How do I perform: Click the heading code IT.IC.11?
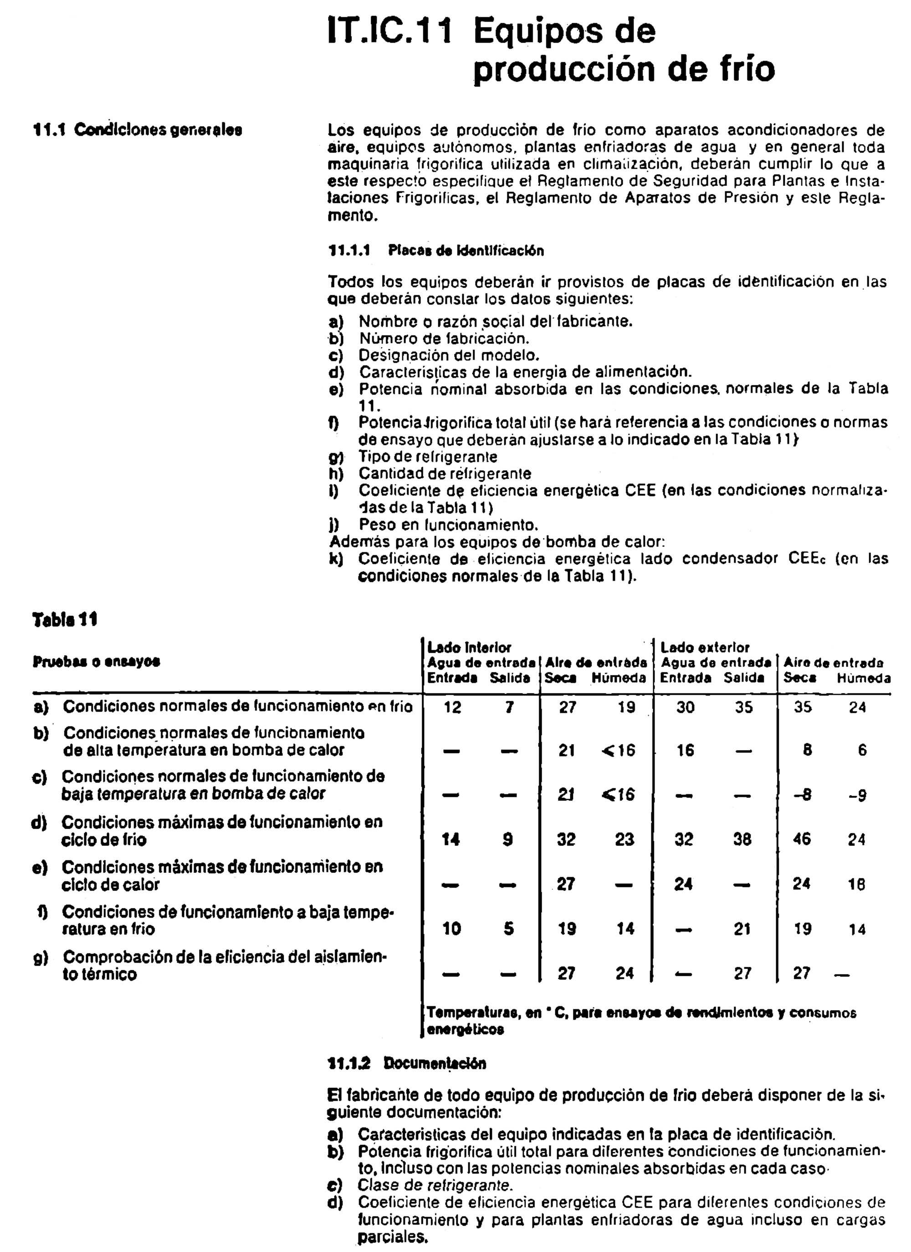[389, 31]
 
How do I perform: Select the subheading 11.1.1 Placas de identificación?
[436, 251]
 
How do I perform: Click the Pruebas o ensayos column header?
[96, 661]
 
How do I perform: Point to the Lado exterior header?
[705, 647]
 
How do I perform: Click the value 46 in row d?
[801, 839]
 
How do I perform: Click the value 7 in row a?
[509, 707]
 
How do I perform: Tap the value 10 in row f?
[451, 928]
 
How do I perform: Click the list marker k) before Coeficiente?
[336, 559]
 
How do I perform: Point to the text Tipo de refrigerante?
[428, 457]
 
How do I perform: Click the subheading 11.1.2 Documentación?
[407, 1063]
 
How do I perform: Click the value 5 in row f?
[509, 928]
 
